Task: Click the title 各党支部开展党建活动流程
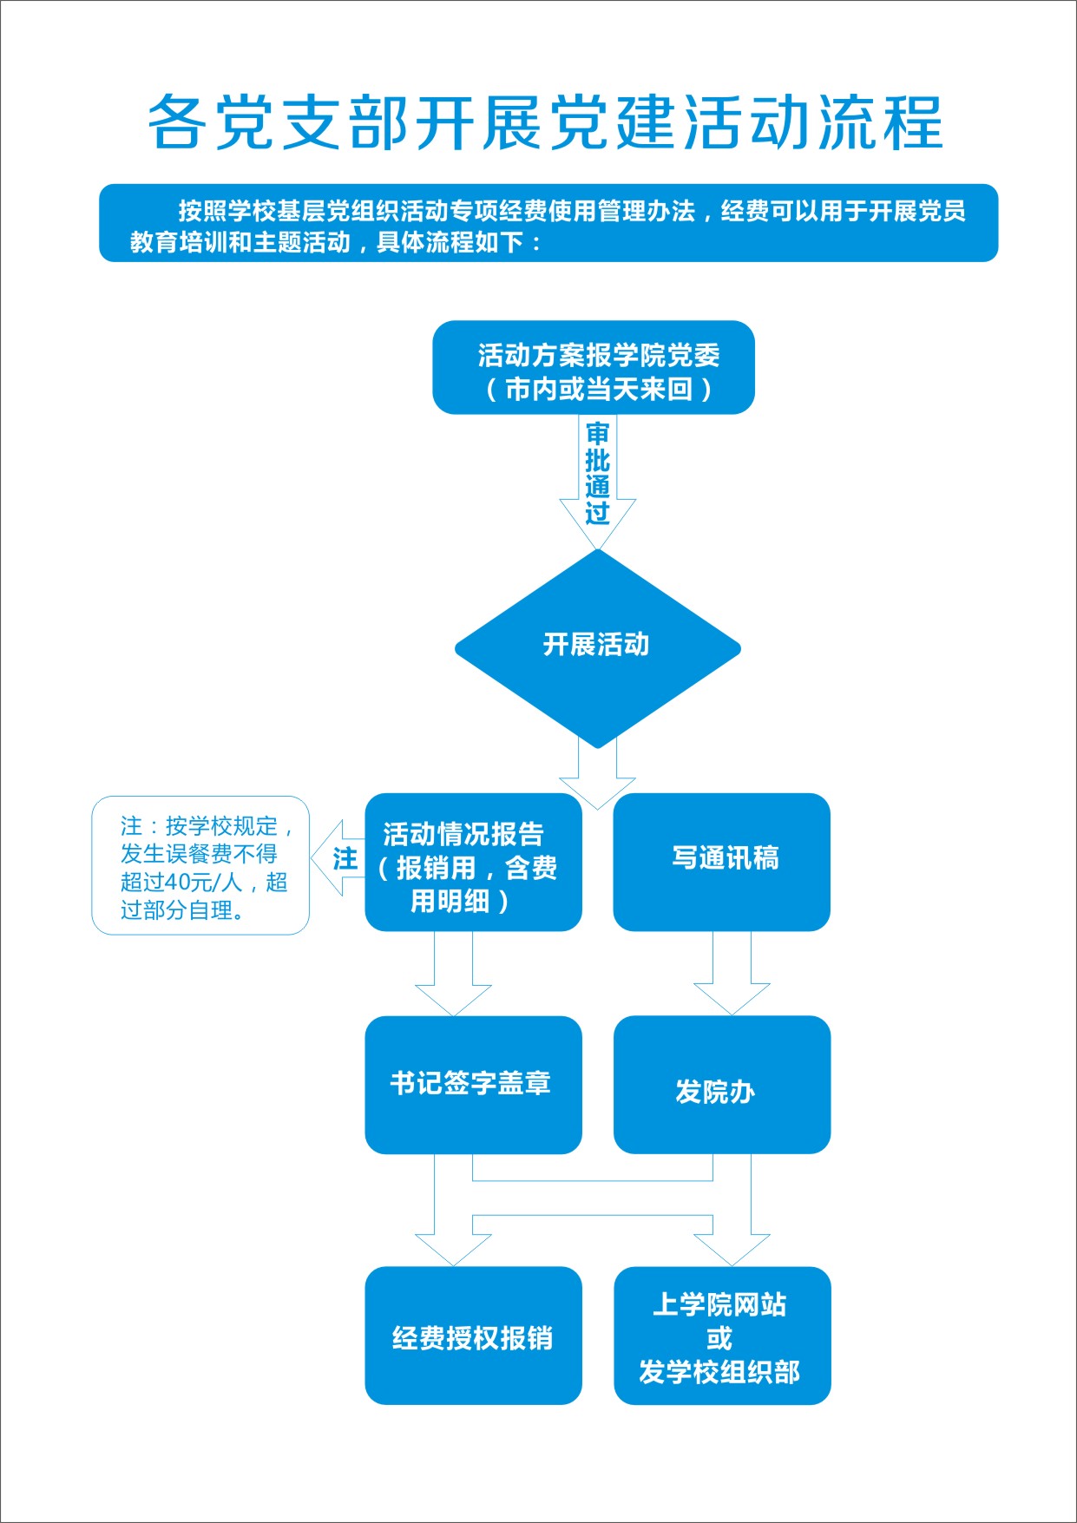click(545, 121)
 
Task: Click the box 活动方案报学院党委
click(594, 367)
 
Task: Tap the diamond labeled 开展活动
click(597, 648)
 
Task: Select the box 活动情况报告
click(473, 862)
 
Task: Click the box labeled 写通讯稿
click(722, 862)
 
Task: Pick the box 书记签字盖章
click(473, 1085)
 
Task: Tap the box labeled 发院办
click(722, 1085)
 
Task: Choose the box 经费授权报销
click(473, 1336)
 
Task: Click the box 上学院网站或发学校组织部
click(722, 1336)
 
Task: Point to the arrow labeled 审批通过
click(597, 482)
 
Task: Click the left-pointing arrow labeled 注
click(338, 858)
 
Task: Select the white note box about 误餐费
click(200, 865)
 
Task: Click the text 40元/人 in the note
click(204, 883)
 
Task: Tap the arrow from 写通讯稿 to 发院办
click(732, 973)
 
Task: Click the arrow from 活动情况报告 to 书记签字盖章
click(453, 973)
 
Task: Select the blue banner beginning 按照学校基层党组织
click(548, 223)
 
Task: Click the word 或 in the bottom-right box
click(719, 1338)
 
